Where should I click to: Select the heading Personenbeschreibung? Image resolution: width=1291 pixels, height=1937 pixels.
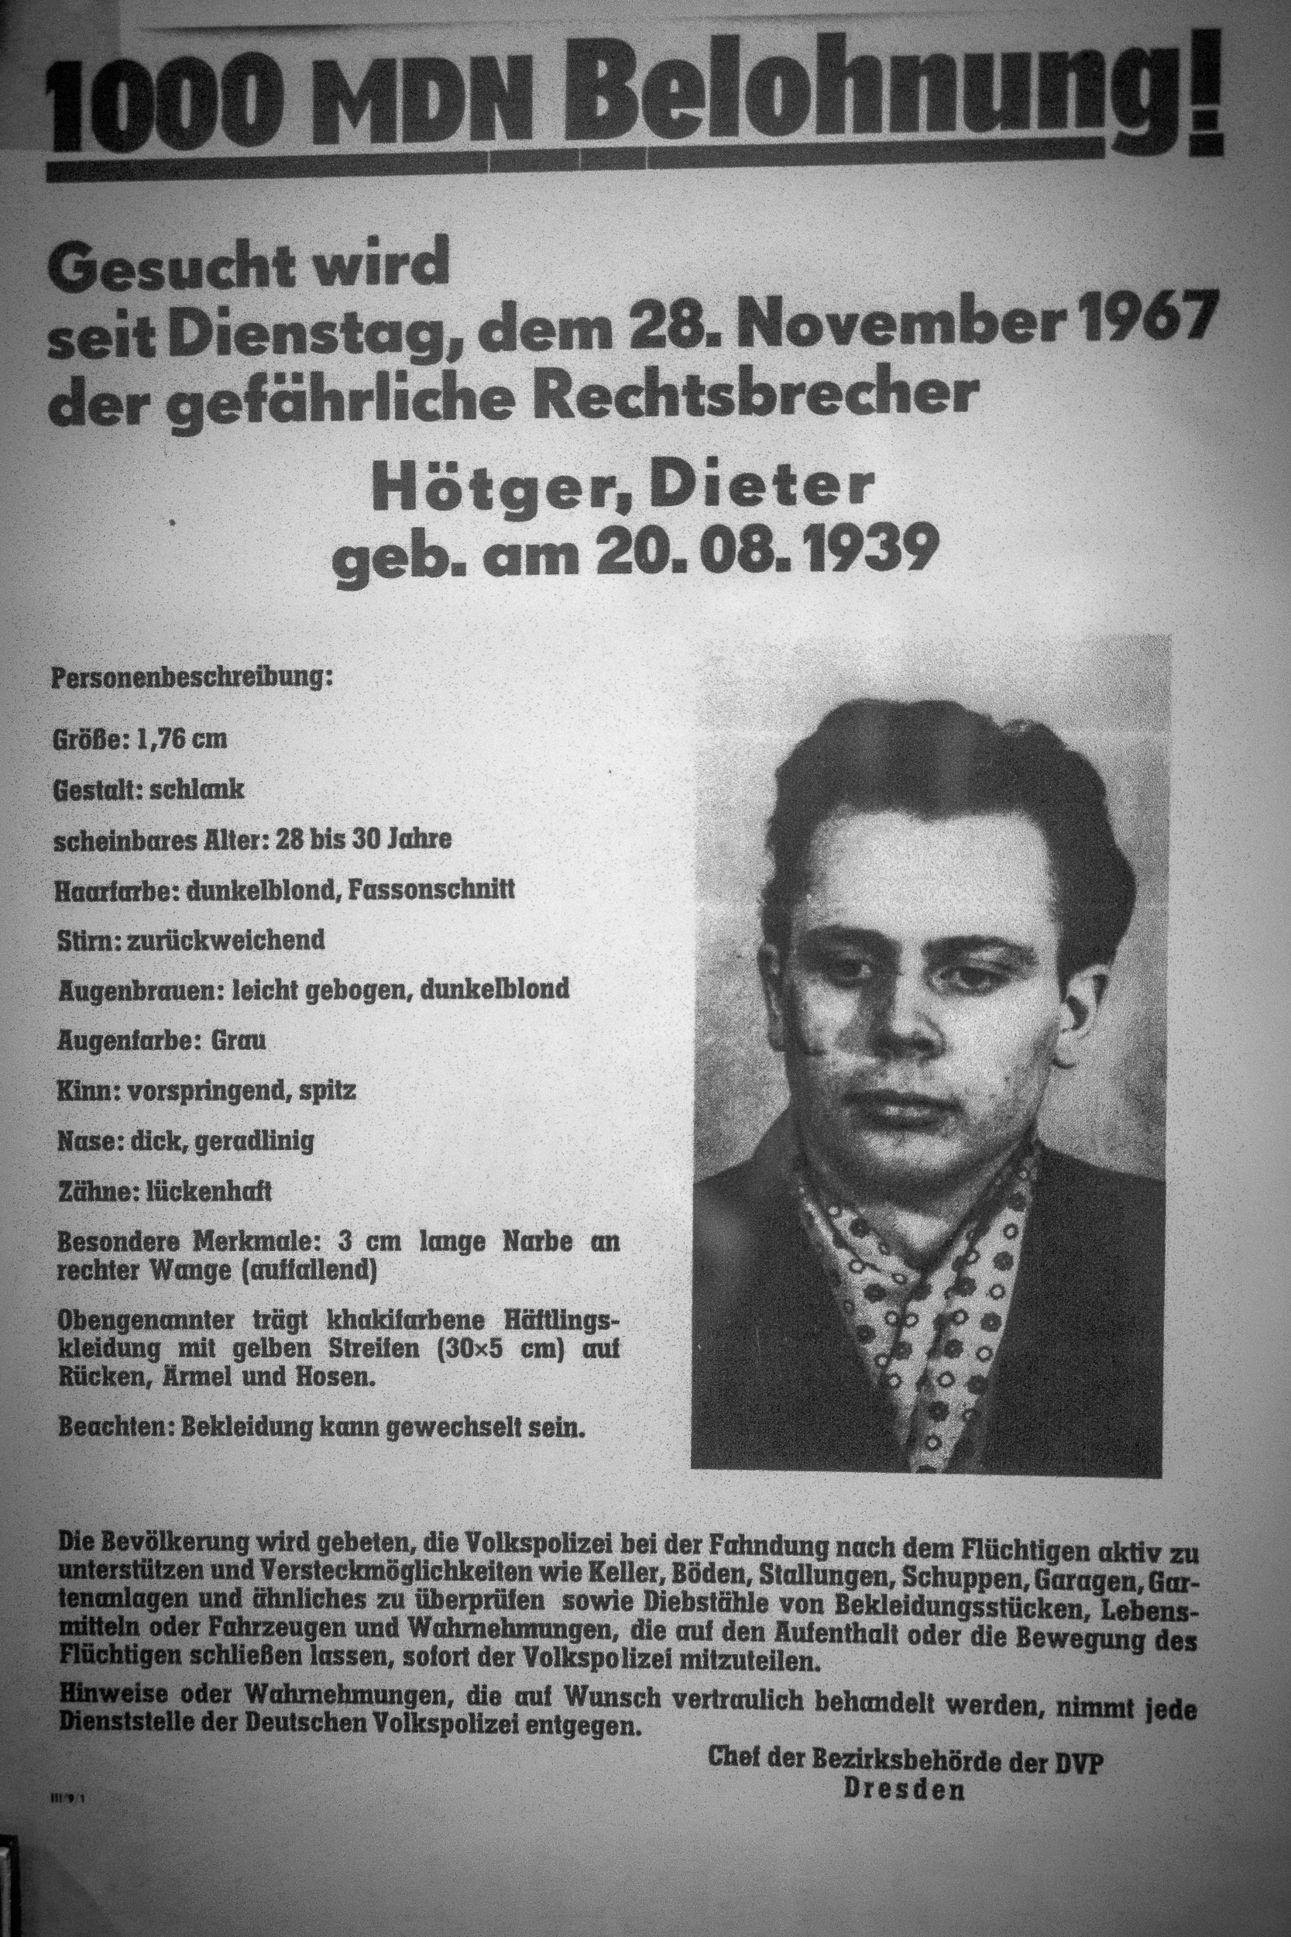pos(191,680)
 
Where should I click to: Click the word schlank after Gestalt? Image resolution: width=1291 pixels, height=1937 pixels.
pos(197,790)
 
